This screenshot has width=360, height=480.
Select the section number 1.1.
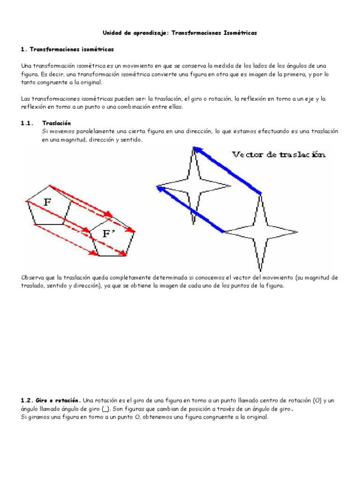pos(28,123)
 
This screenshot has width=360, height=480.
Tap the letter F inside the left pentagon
pos(47,202)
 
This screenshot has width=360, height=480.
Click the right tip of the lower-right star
pos(297,231)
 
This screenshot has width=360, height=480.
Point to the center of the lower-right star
pos(261,231)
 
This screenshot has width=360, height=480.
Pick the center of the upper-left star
pos(194,185)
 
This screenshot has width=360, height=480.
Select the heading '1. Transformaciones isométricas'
pos(67,49)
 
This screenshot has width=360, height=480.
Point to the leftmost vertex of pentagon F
pos(27,201)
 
